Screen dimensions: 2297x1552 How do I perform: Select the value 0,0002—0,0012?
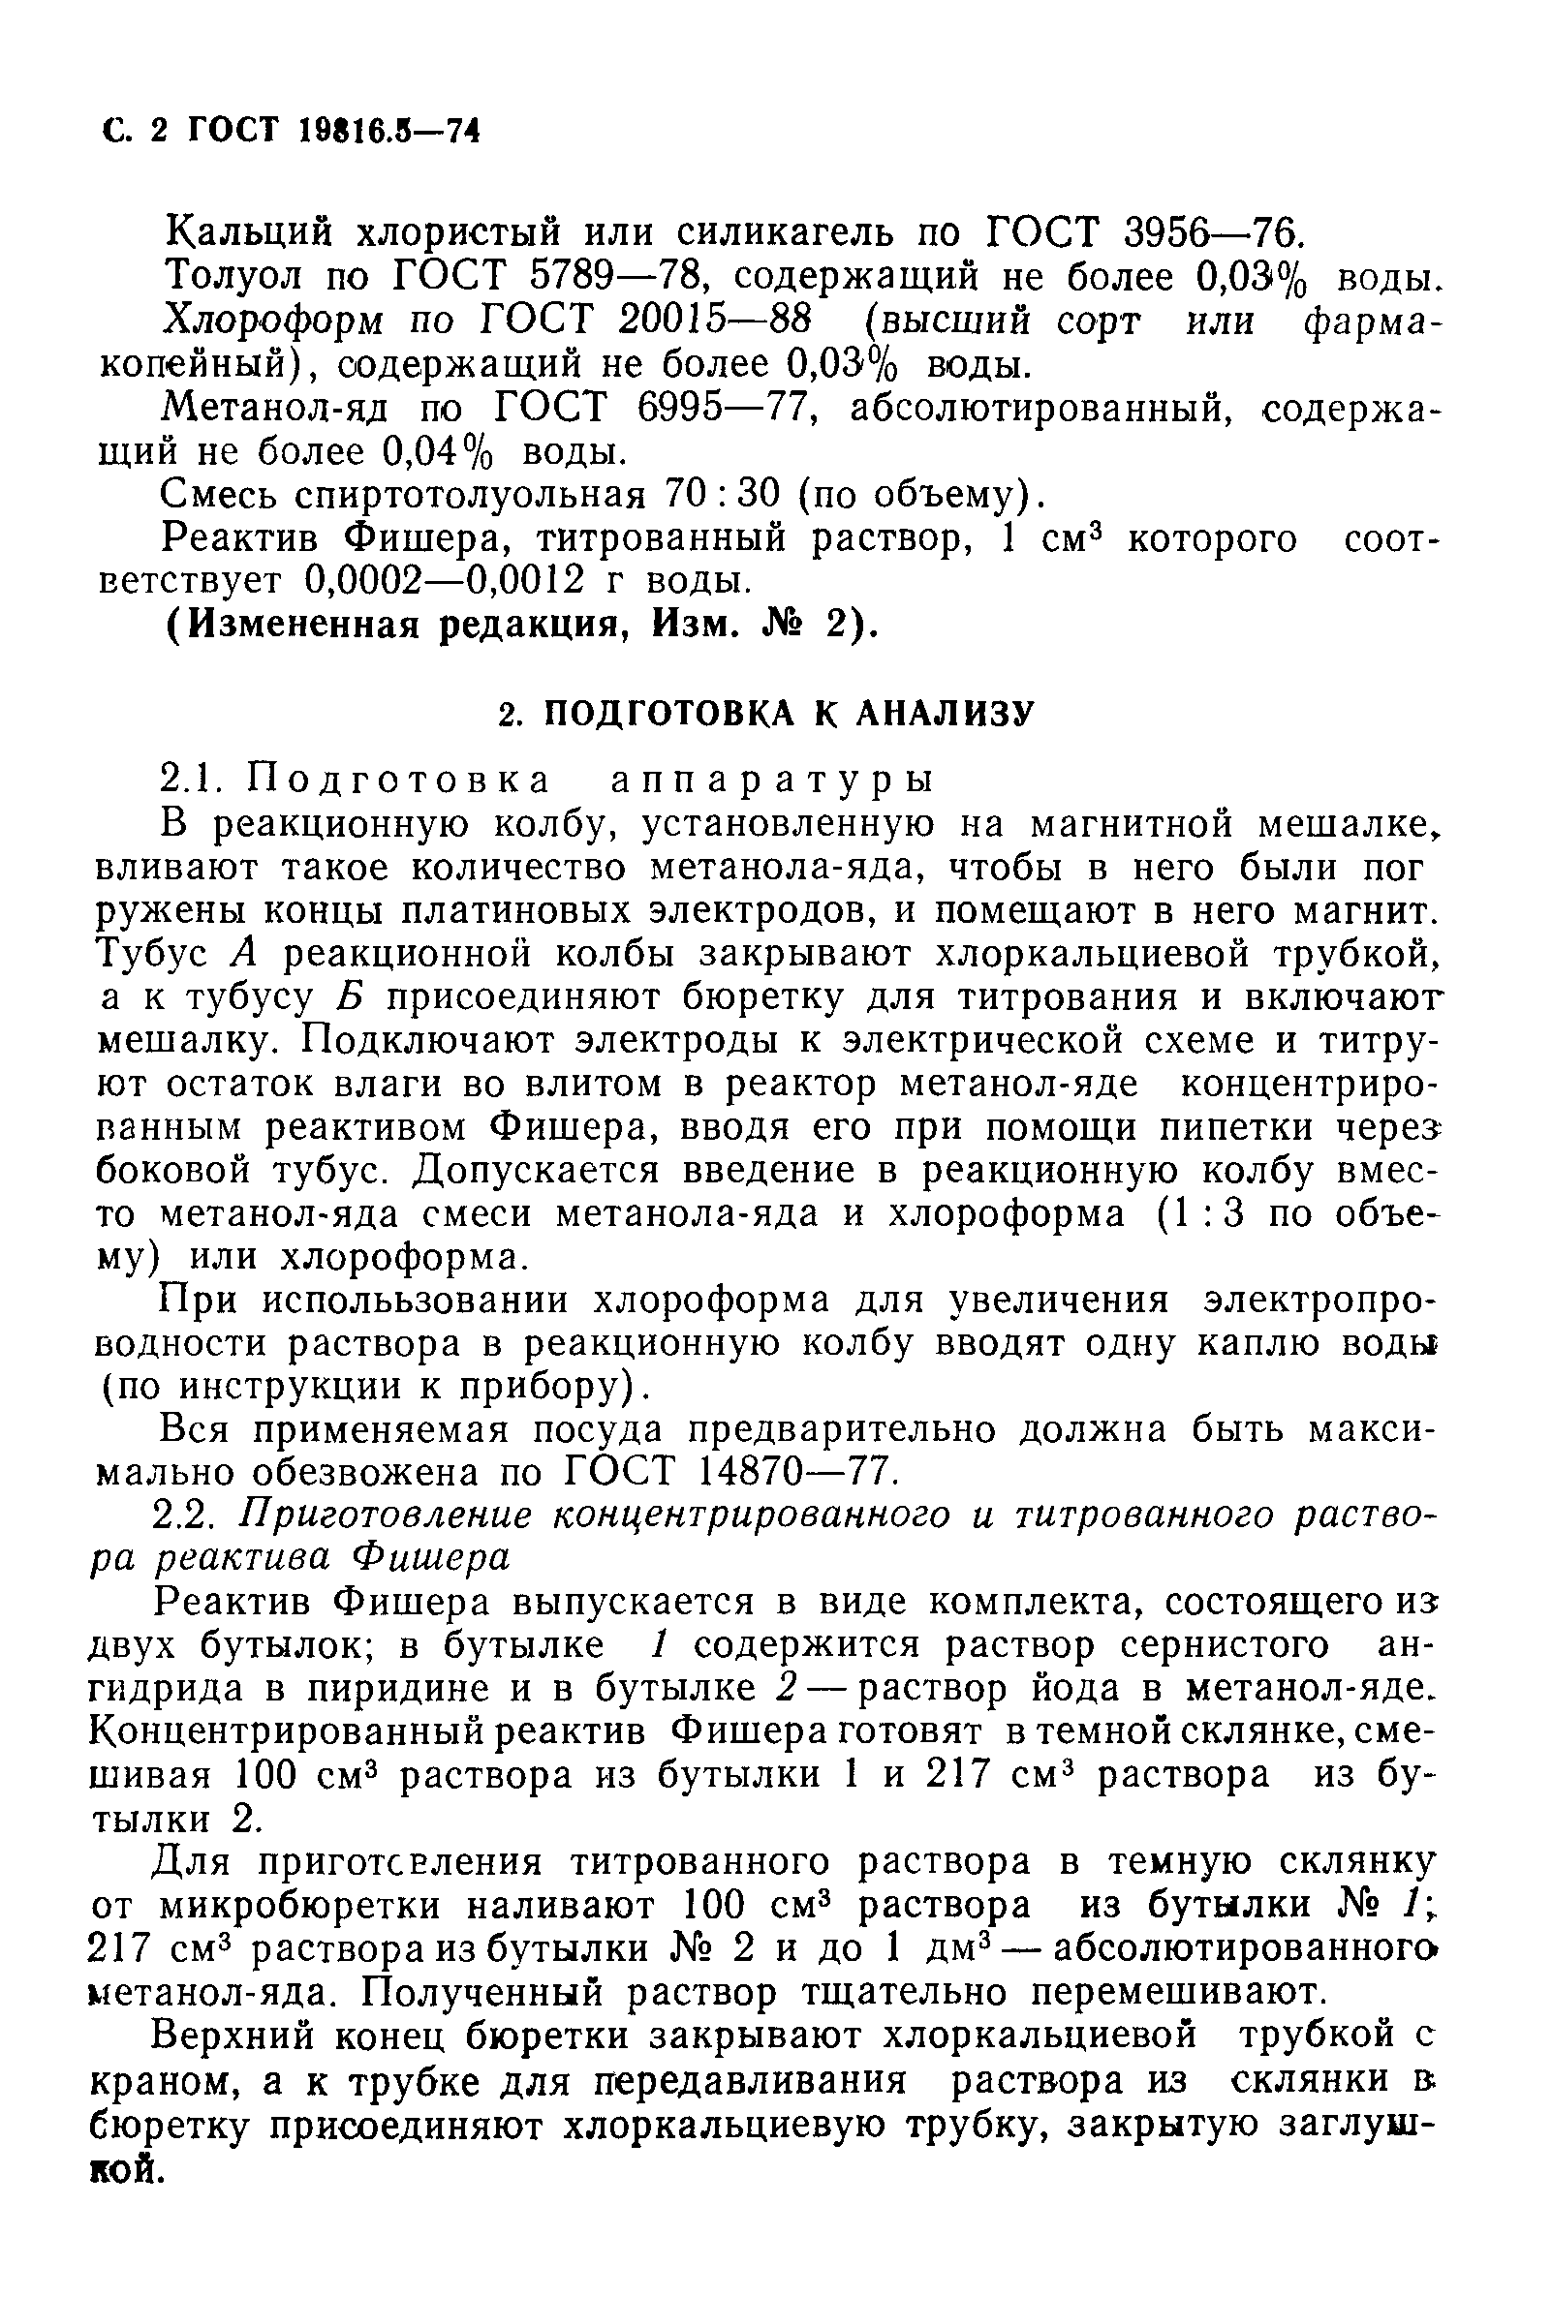tap(446, 579)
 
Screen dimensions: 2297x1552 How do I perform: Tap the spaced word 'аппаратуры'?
tap(770, 780)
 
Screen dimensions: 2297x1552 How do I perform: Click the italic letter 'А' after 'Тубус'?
tap(243, 954)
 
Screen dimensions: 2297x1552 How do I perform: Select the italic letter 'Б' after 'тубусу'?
tap(351, 997)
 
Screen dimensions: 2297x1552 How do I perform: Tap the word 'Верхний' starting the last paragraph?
tap(229, 2036)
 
